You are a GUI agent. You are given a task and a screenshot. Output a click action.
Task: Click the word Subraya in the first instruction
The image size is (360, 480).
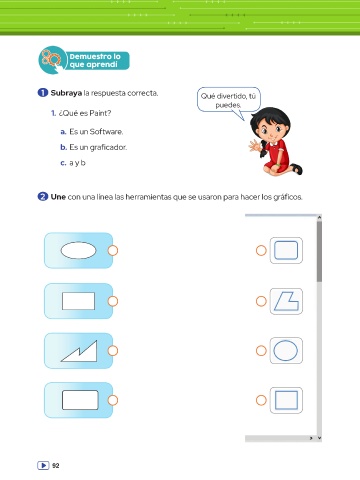click(x=66, y=93)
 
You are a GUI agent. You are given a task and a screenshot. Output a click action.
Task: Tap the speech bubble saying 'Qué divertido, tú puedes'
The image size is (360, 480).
click(x=229, y=100)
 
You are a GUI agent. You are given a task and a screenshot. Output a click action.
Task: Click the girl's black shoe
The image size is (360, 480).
click(x=297, y=169)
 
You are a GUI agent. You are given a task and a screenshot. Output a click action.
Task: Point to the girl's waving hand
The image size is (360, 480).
click(x=255, y=146)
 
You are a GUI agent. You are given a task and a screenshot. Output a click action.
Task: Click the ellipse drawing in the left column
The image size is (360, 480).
click(x=78, y=250)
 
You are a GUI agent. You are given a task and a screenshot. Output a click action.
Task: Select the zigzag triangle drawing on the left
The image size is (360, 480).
click(x=80, y=351)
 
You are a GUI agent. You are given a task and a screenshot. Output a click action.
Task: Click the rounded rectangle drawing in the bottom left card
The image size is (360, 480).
click(x=80, y=400)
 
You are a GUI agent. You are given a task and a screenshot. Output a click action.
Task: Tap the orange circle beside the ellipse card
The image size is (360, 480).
click(x=113, y=250)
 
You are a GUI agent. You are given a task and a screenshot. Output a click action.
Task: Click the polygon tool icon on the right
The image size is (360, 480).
click(x=286, y=301)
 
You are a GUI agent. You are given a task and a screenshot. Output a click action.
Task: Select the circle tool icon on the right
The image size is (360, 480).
click(x=286, y=351)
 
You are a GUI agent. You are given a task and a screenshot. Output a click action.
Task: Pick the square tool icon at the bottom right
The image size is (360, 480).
click(x=286, y=400)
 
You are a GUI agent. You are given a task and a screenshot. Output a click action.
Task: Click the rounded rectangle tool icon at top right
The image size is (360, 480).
click(x=286, y=250)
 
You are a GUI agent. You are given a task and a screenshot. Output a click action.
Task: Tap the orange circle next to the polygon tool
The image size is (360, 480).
click(x=261, y=301)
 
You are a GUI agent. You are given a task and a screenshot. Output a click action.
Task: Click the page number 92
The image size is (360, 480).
click(x=56, y=466)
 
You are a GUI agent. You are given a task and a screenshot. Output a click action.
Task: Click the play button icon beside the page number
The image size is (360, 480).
click(x=43, y=465)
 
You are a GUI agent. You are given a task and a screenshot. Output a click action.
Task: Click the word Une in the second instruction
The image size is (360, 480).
click(x=58, y=197)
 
